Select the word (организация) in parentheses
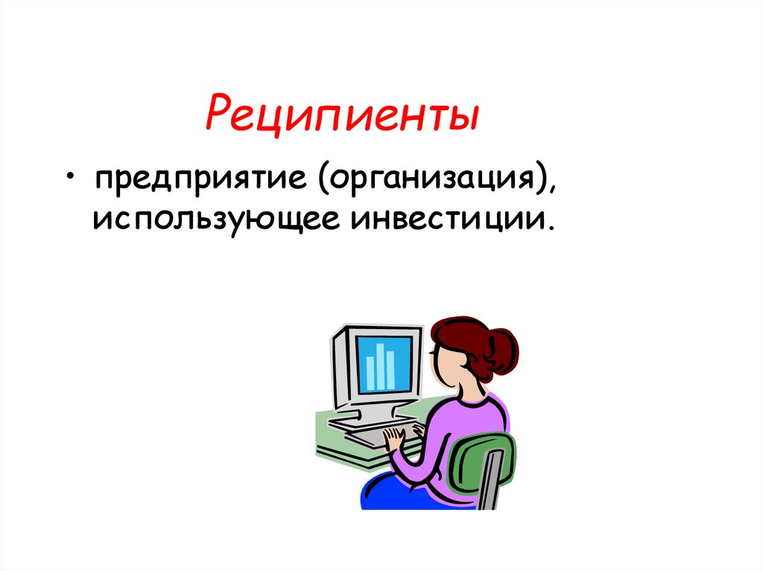tap(431, 181)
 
